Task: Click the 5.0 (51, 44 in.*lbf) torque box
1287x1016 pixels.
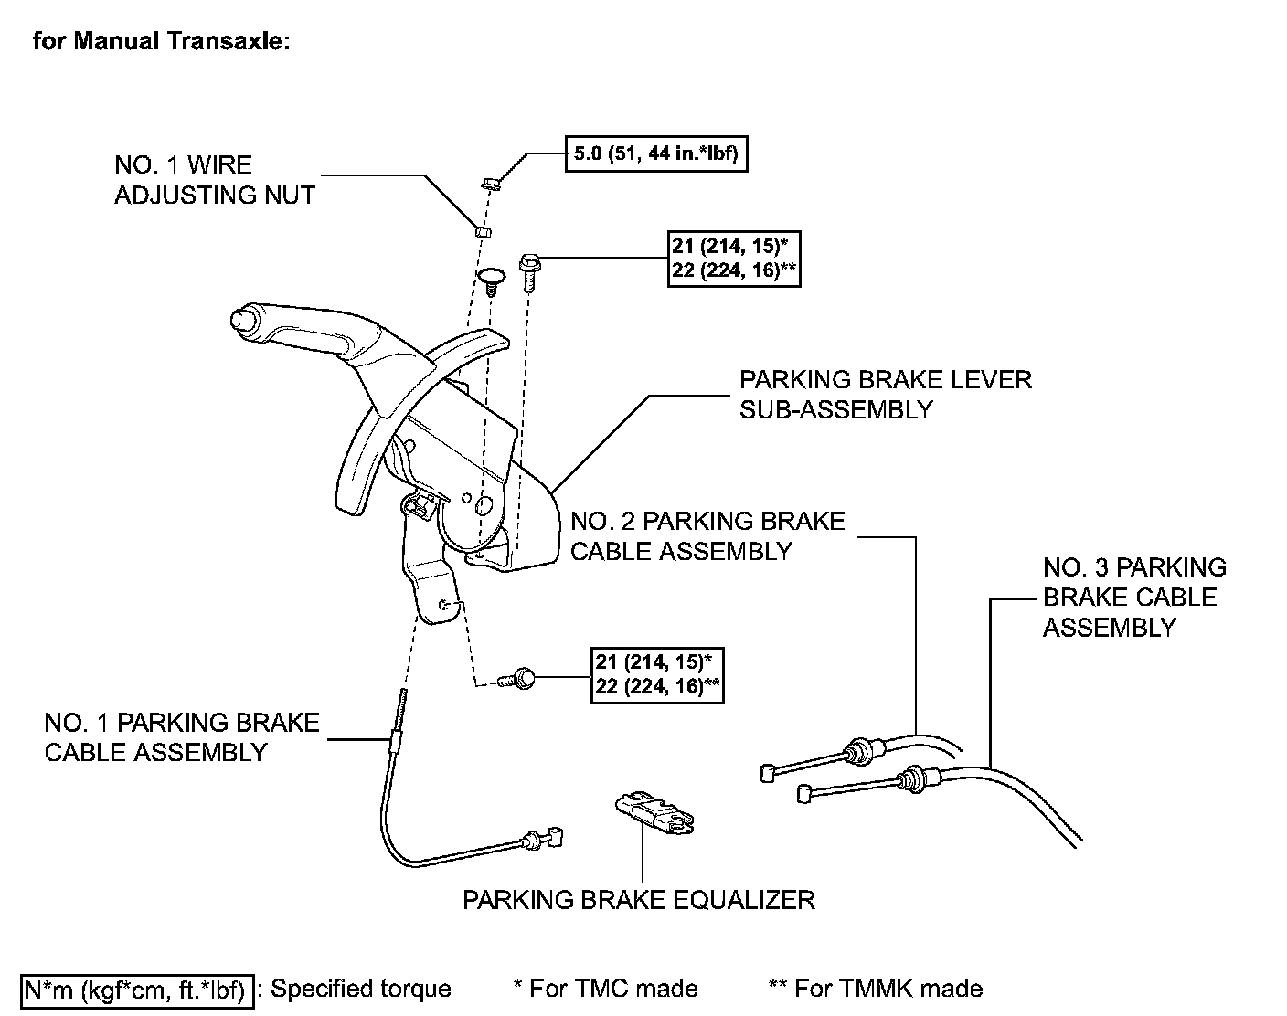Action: [x=656, y=153]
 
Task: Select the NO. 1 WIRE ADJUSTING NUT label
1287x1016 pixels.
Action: [x=214, y=180]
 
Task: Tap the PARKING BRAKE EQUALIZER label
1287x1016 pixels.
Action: [x=638, y=900]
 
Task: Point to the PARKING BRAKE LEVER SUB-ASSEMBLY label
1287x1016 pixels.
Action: [x=885, y=395]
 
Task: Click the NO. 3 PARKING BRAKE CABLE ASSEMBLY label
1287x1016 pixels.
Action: [x=1133, y=598]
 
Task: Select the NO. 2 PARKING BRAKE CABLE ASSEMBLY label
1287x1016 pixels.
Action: [x=707, y=536]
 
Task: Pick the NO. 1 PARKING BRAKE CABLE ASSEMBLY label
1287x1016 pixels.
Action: [x=181, y=737]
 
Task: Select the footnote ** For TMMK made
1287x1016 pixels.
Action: [x=876, y=989]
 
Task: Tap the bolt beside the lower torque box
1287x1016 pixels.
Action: [x=519, y=679]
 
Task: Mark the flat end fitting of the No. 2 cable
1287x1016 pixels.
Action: [x=767, y=774]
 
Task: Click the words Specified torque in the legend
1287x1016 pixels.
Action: [x=360, y=990]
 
